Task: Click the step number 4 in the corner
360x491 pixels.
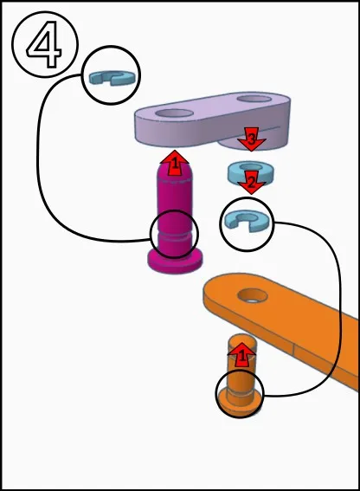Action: coord(44,44)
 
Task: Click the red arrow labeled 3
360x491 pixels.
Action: coord(252,139)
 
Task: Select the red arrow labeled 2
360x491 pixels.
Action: coord(251,182)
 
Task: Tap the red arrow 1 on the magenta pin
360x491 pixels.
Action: coord(174,163)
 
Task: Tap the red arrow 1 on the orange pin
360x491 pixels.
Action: coord(241,355)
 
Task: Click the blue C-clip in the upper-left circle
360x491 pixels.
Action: coord(111,78)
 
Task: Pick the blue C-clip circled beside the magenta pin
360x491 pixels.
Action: coord(247,221)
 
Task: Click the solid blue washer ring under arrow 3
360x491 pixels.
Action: coord(250,172)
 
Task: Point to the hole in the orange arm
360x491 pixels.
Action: coord(253,295)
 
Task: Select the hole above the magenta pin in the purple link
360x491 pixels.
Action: coord(174,113)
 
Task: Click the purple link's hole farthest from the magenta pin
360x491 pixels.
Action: coord(254,99)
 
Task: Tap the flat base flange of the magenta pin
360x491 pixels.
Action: coord(175,261)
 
